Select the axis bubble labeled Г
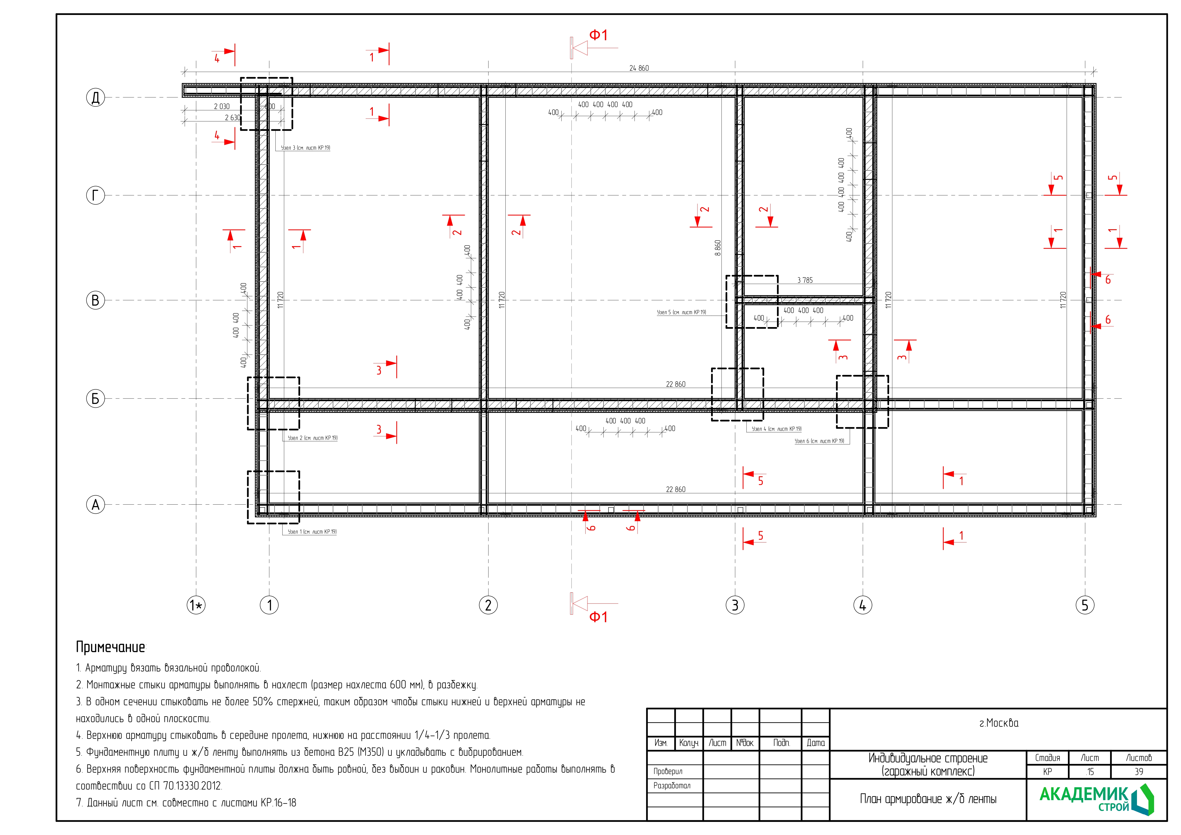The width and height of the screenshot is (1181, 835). tap(95, 195)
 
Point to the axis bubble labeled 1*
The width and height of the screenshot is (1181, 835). tap(196, 605)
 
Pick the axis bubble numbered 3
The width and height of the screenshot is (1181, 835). tap(735, 605)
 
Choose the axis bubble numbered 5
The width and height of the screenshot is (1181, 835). tap(1085, 605)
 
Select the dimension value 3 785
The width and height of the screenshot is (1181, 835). tap(805, 280)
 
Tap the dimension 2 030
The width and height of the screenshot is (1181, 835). tap(222, 106)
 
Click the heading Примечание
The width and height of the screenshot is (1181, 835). tap(111, 647)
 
